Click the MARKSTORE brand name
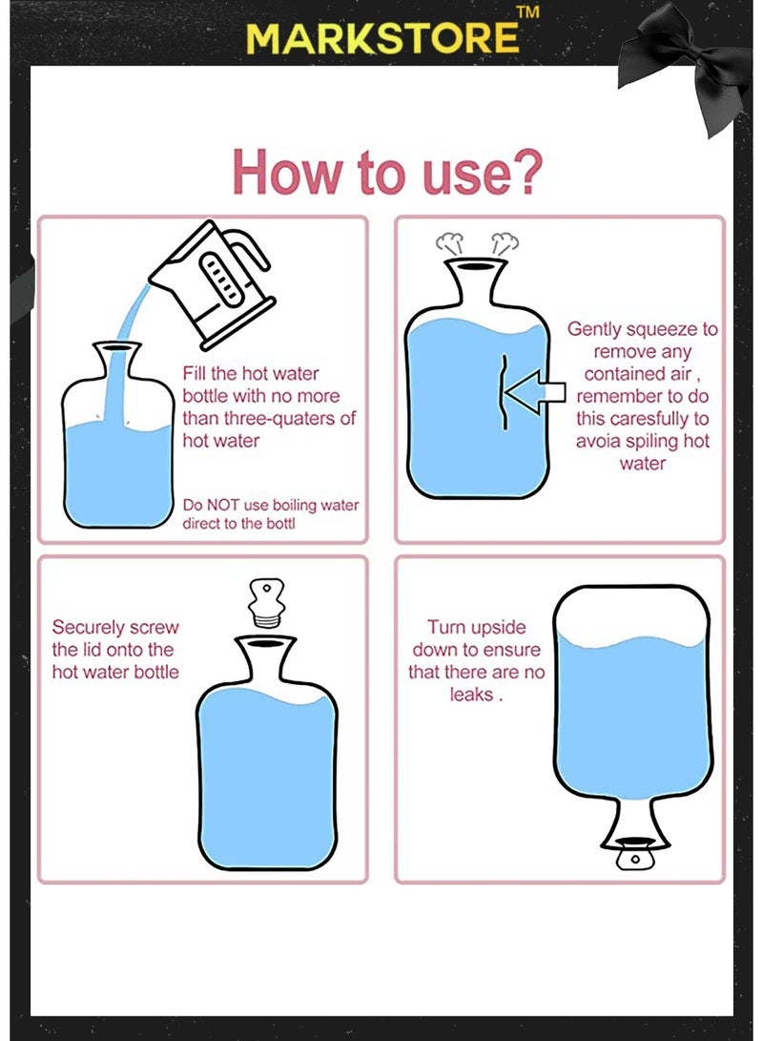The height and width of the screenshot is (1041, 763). click(382, 38)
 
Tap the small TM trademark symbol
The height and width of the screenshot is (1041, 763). click(528, 12)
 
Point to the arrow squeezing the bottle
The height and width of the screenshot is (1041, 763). click(535, 392)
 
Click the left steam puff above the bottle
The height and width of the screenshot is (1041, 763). click(449, 243)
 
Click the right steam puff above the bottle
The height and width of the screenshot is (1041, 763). click(505, 243)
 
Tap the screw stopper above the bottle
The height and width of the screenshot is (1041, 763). click(267, 603)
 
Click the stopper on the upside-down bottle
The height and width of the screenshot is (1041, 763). click(635, 856)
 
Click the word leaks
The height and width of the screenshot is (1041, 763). click(471, 695)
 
